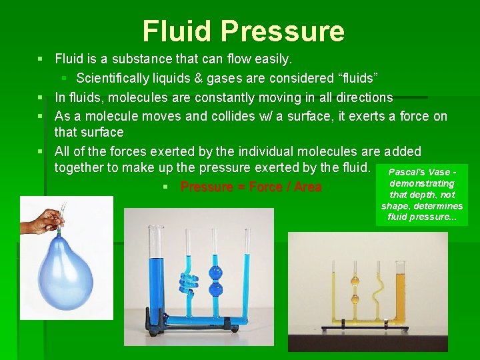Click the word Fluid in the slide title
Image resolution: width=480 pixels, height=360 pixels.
click(178, 31)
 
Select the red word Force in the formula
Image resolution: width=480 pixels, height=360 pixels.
click(265, 187)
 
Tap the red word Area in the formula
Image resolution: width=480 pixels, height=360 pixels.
click(307, 187)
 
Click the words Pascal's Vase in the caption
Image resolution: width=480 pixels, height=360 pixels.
click(421, 172)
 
